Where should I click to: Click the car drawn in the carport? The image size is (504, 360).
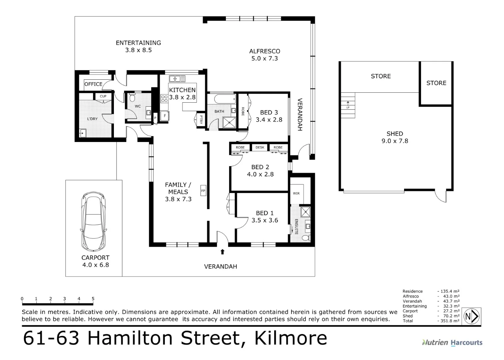pyautogui.click(x=94, y=221)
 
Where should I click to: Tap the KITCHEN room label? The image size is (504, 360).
pyautogui.click(x=182, y=90)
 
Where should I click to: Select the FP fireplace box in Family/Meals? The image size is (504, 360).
pyautogui.click(x=203, y=191)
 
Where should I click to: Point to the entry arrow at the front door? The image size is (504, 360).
pyautogui.click(x=222, y=252)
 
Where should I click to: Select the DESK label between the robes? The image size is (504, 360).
pyautogui.click(x=259, y=147)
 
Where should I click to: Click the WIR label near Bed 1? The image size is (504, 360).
pyautogui.click(x=296, y=193)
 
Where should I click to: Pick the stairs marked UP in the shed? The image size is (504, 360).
pyautogui.click(x=348, y=105)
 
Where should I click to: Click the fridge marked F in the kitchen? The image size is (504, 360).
pyautogui.click(x=165, y=116)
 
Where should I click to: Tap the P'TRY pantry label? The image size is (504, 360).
pyautogui.click(x=201, y=119)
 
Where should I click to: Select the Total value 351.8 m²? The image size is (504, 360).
pyautogui.click(x=450, y=321)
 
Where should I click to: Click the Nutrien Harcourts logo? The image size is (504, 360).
pyautogui.click(x=452, y=342)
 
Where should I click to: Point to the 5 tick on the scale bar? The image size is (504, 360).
pyautogui.click(x=93, y=299)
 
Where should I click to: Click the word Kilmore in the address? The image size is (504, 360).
pyautogui.click(x=290, y=338)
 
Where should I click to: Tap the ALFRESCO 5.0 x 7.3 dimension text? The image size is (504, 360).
pyautogui.click(x=264, y=59)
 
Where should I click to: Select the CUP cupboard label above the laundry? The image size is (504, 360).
pyautogui.click(x=103, y=96)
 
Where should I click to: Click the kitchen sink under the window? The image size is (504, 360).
pyautogui.click(x=177, y=79)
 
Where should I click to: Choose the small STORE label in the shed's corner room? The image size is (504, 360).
pyautogui.click(x=436, y=83)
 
